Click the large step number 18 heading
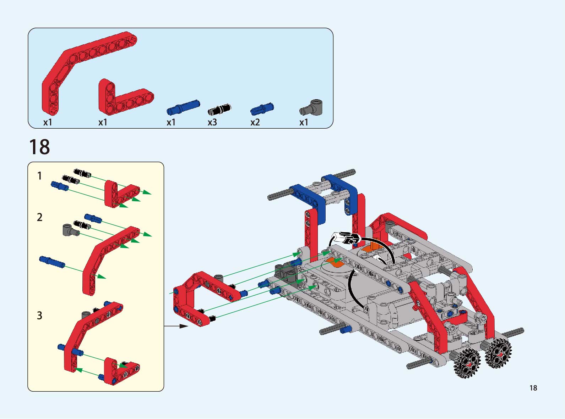point(39,147)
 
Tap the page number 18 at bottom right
point(533,388)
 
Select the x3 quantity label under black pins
point(212,122)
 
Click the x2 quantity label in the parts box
point(255,122)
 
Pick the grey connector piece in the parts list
point(311,107)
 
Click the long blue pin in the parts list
point(183,107)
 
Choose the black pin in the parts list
point(219,110)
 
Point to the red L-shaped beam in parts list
point(121,99)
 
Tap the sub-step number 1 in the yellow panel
point(39,176)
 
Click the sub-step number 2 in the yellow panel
point(39,217)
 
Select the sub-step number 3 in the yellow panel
point(39,315)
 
